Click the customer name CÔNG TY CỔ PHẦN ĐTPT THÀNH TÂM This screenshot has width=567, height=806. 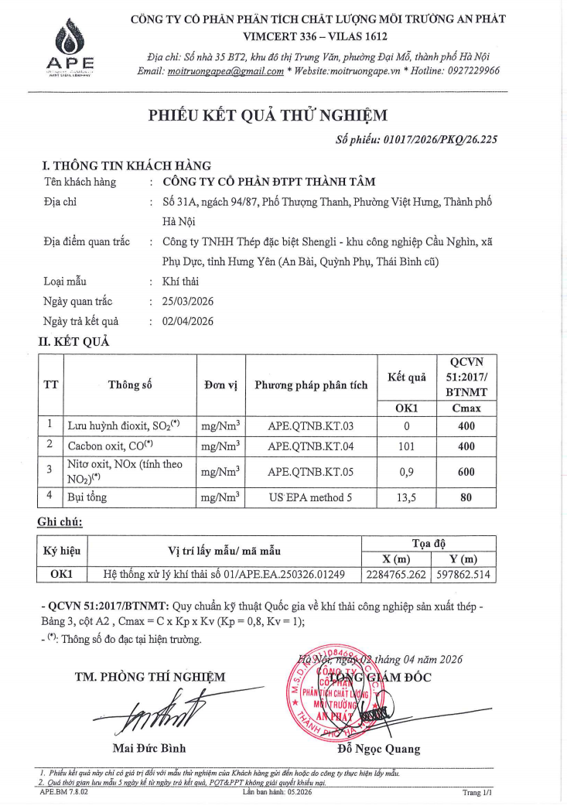click(269, 183)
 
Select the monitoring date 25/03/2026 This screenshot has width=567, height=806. click(188, 302)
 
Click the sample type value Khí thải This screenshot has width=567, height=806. click(180, 282)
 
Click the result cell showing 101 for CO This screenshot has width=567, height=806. click(407, 446)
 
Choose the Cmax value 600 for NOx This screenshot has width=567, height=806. click(466, 470)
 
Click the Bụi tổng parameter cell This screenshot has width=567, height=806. click(87, 497)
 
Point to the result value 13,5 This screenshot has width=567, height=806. click(407, 497)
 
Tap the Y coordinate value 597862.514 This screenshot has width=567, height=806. click(463, 575)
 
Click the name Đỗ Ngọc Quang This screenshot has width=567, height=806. click(379, 749)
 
